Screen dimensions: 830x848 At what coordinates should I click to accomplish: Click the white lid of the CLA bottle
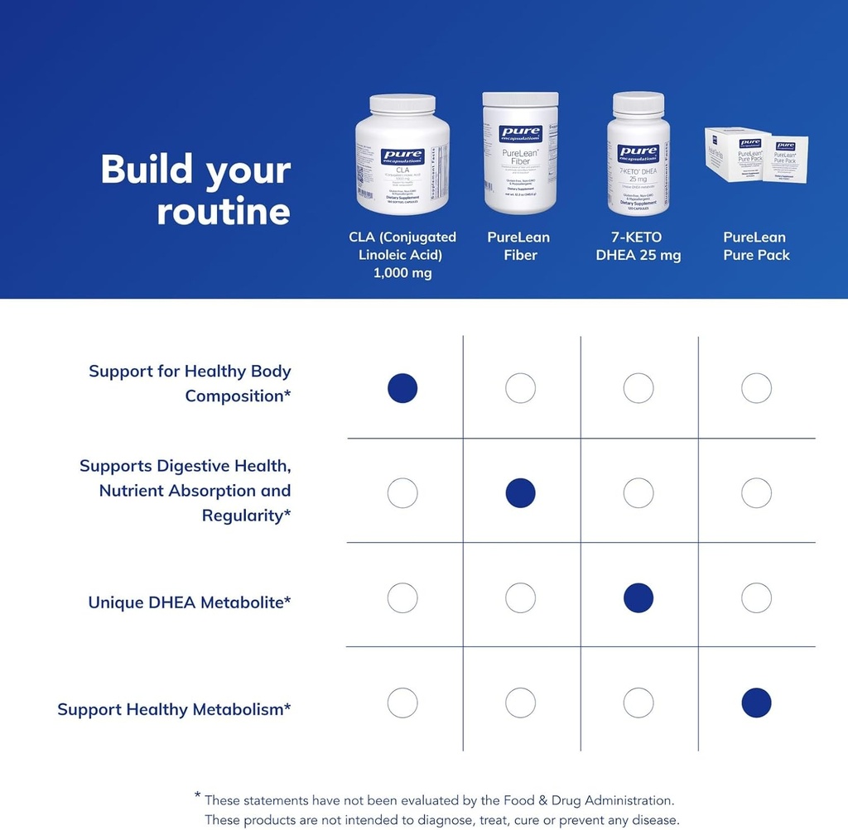pyautogui.click(x=402, y=104)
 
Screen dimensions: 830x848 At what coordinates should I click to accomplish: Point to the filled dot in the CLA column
pyautogui.click(x=402, y=388)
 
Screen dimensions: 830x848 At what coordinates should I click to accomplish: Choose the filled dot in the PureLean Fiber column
pyautogui.click(x=520, y=493)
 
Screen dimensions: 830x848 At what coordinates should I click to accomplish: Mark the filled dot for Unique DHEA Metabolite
pyautogui.click(x=638, y=597)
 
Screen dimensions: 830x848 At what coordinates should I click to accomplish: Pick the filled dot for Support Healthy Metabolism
pyautogui.click(x=756, y=703)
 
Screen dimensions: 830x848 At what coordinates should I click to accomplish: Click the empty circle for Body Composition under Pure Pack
pyautogui.click(x=756, y=388)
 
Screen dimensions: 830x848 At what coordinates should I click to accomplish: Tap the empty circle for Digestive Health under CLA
pyautogui.click(x=402, y=493)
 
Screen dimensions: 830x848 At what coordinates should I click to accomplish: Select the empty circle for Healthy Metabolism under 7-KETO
pyautogui.click(x=638, y=703)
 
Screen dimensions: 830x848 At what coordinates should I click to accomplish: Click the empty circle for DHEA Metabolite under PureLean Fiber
pyautogui.click(x=520, y=597)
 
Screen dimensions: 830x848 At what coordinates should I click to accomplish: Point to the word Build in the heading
pyautogui.click(x=147, y=170)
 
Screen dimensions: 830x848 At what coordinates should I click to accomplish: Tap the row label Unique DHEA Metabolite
pyautogui.click(x=190, y=602)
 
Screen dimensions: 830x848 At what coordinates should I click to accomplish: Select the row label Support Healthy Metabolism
pyautogui.click(x=174, y=709)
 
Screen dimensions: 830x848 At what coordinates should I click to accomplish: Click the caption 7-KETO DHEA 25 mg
pyautogui.click(x=638, y=247)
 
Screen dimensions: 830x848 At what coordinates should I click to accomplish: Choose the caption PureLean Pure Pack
pyautogui.click(x=756, y=247)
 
